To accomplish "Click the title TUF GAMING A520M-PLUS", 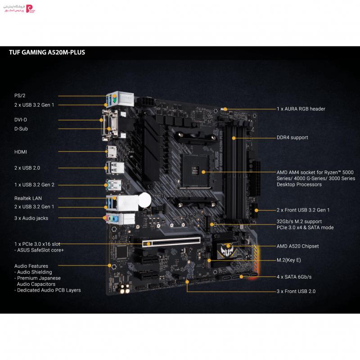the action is (47, 52).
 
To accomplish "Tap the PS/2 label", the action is (20, 95).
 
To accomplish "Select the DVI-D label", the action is (21, 120).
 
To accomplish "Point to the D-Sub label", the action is (21, 129).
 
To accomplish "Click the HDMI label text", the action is (21, 152).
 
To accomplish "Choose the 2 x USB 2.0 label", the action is (27, 168).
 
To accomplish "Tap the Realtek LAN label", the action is (28, 198).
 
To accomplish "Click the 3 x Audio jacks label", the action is (31, 218).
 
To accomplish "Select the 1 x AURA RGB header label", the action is (301, 109).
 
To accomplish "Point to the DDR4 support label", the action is (292, 137).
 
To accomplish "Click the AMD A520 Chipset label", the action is (297, 246).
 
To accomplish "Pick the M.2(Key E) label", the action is (288, 260).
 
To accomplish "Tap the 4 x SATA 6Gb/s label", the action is (294, 277).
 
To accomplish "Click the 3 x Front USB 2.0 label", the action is (296, 291).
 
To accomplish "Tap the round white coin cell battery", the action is (144, 200).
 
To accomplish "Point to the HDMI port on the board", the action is (112, 152).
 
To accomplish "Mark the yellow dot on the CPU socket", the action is (203, 172).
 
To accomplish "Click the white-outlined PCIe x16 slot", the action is (171, 242).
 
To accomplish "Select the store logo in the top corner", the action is (19, 9).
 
